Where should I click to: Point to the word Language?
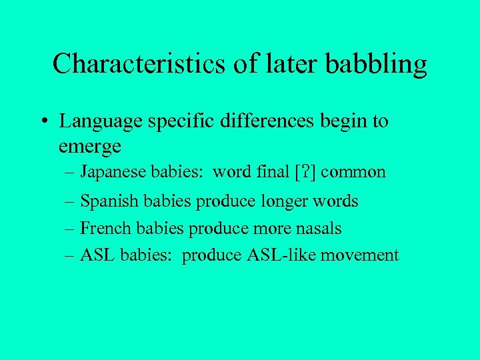(x=100, y=123)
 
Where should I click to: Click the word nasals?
(x=317, y=229)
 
